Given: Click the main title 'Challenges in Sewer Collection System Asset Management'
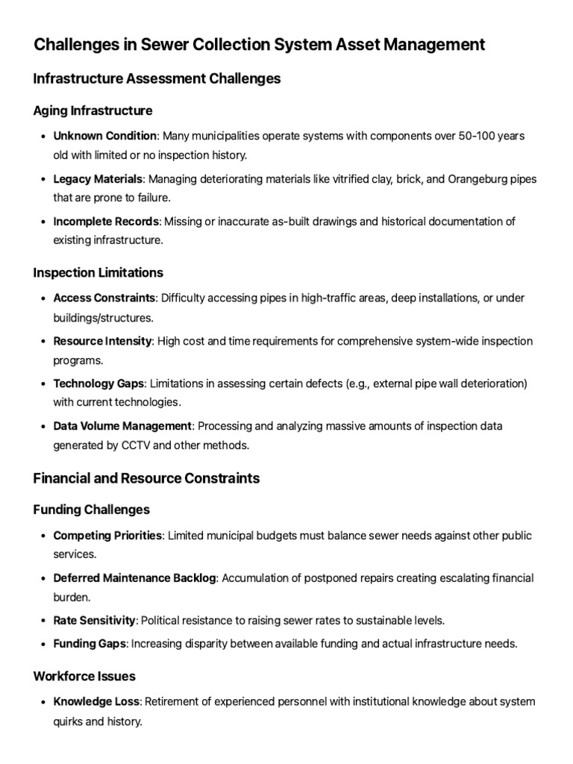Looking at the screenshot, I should coord(259,45).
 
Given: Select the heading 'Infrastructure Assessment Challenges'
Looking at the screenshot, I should coord(157,78).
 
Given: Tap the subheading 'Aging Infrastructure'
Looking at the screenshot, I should coord(93,110).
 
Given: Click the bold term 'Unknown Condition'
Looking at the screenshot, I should coord(104,136).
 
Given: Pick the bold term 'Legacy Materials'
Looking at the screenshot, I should coord(98,179).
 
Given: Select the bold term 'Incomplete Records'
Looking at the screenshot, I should coord(105,222).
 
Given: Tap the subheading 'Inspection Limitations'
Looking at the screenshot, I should coord(98,272).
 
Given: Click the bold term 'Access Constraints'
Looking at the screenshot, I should coord(104,298).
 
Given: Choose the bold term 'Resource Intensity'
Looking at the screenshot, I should coord(102,341).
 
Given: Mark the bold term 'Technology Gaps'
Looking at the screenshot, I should coord(99,383).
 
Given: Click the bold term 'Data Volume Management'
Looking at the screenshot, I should coord(122,426).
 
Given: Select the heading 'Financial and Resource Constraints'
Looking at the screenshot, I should coord(146,478).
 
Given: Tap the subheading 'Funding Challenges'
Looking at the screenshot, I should coord(91,510).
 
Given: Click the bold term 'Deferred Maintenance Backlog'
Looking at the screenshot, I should coord(134,578).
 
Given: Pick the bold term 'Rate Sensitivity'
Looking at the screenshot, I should coord(94,621).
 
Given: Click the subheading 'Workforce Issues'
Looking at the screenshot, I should coord(84,676).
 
